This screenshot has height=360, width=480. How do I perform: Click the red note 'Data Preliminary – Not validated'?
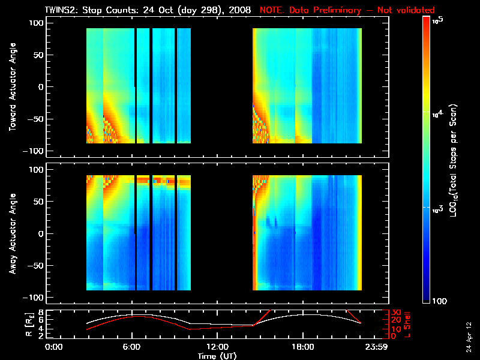347,10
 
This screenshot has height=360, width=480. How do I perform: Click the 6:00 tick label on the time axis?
131,347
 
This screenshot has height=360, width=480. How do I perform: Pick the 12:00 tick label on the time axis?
217,347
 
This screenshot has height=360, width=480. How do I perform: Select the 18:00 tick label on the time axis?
302,347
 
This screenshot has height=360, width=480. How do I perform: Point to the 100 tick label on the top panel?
37,23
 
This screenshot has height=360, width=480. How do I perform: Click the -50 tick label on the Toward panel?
35,119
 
